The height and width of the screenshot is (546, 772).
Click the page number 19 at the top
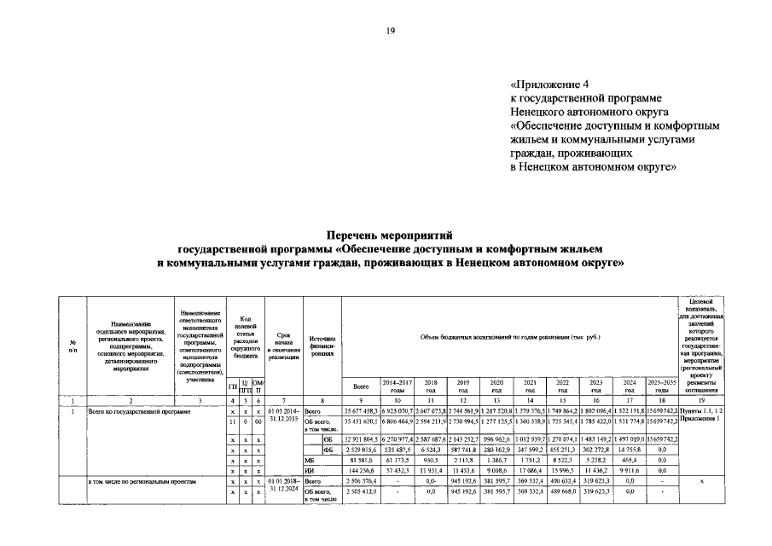tap(390, 31)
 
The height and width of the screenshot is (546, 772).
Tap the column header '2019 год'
tap(462, 386)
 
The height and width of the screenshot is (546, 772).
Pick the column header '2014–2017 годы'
tap(398, 386)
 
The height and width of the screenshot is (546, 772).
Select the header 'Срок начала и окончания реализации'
tap(282, 346)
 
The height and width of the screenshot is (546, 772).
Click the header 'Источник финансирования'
tap(322, 346)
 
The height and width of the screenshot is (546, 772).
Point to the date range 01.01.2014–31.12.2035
tap(282, 416)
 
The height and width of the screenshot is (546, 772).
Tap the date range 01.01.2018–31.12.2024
tap(282, 488)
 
